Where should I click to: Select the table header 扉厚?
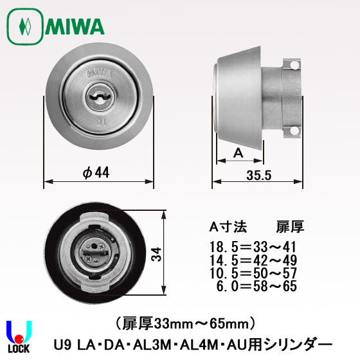(x=289, y=226)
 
